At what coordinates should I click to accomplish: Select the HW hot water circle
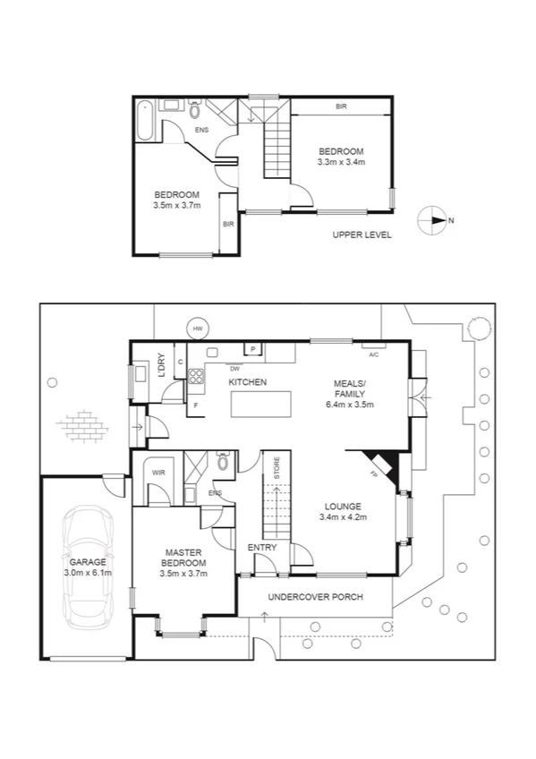pyautogui.click(x=198, y=328)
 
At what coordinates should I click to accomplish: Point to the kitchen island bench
pyautogui.click(x=262, y=405)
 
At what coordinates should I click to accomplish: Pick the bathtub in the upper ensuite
pyautogui.click(x=145, y=121)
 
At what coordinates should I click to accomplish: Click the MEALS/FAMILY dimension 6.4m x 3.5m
pyautogui.click(x=350, y=405)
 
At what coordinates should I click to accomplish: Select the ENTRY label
pyautogui.click(x=262, y=547)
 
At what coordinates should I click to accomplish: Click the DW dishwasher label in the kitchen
pyautogui.click(x=234, y=368)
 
